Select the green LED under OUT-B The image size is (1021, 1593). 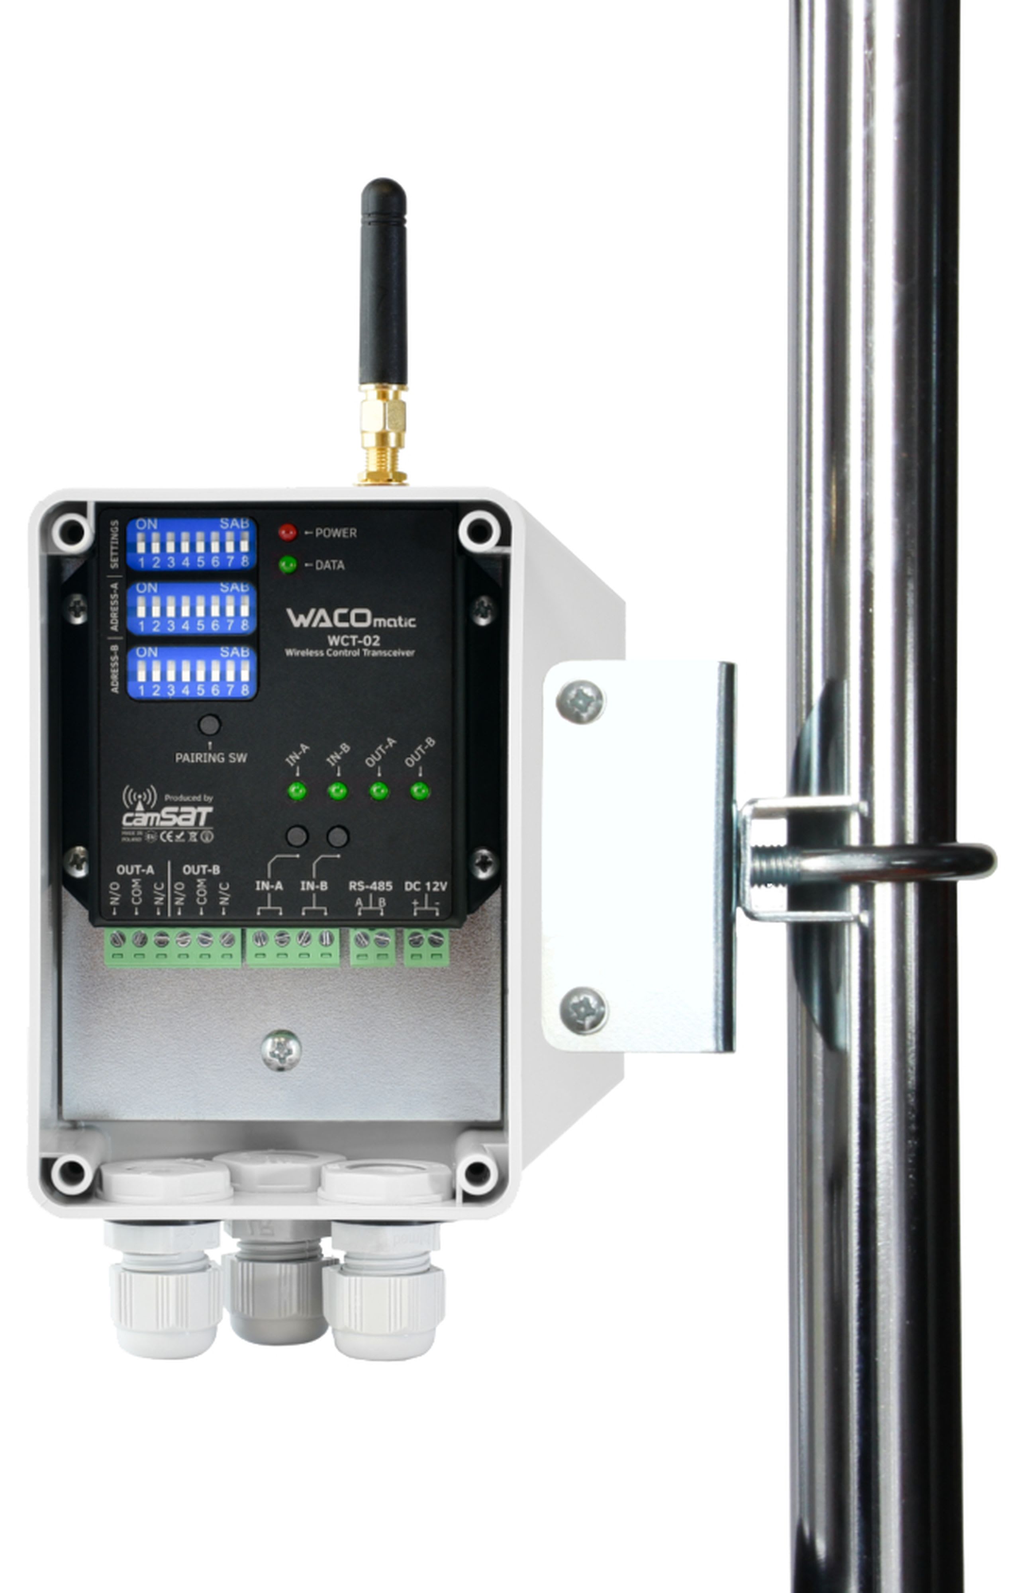coord(419,791)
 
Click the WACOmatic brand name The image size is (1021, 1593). coord(351,618)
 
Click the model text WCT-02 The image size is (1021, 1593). coord(353,640)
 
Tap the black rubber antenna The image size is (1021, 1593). coord(383,285)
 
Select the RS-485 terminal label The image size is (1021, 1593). coord(370,886)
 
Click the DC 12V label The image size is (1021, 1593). coord(425,886)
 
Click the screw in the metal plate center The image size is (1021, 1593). coord(281,1050)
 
